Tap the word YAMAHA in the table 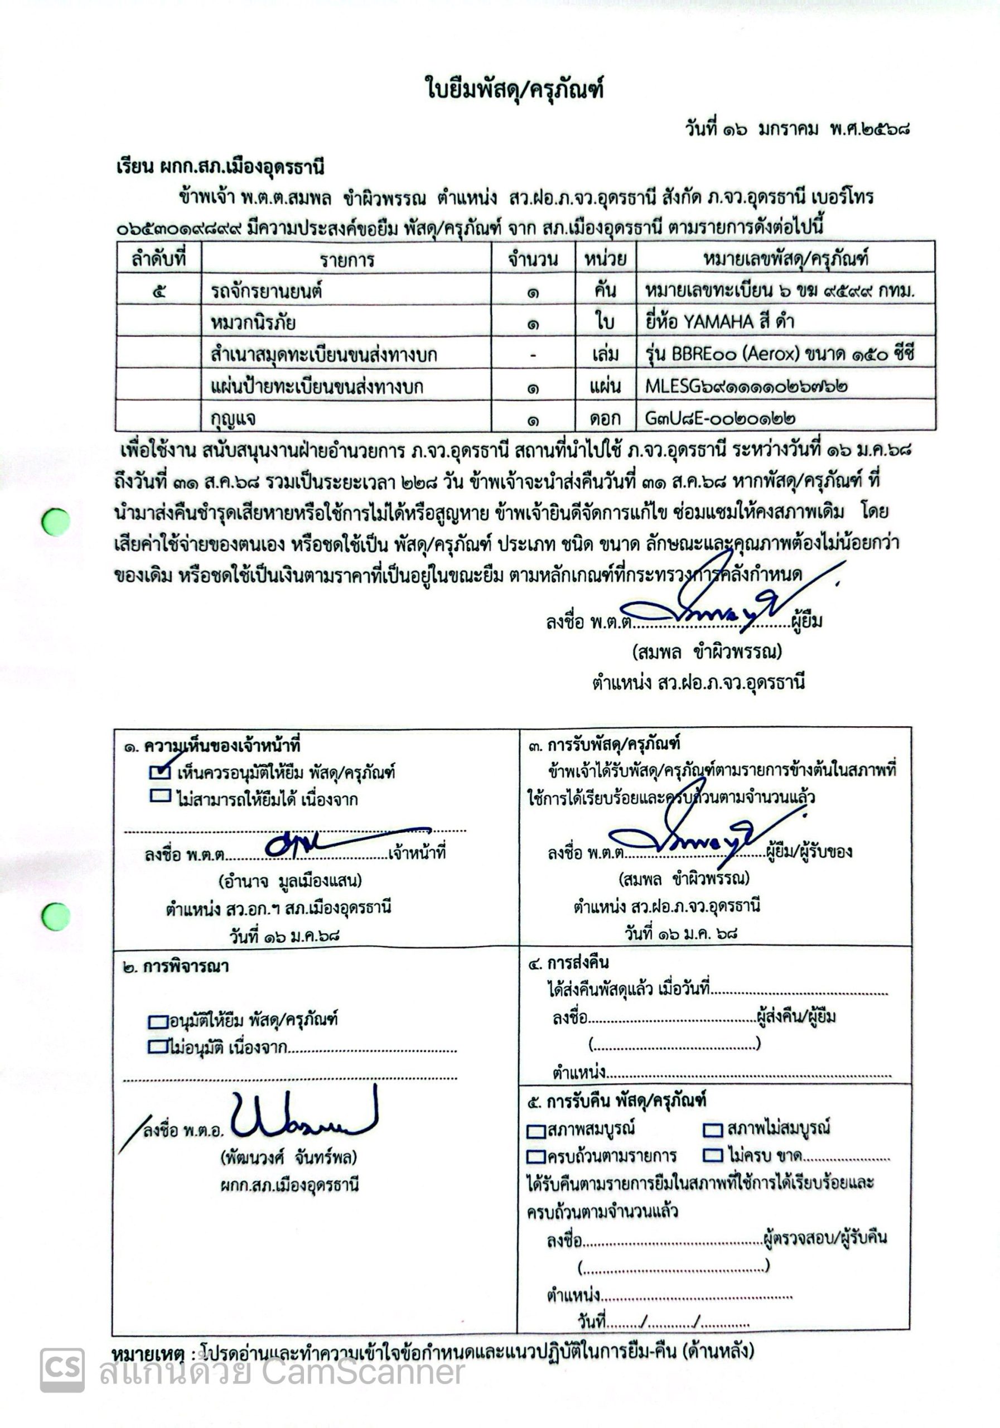(x=718, y=321)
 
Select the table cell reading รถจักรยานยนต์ (x=266, y=291)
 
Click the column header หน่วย (x=605, y=258)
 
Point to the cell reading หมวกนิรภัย (x=253, y=322)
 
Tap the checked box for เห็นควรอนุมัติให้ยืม (x=160, y=772)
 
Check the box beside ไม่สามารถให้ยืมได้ (x=160, y=795)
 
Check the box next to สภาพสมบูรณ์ (x=536, y=1130)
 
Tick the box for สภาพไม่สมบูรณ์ (x=713, y=1130)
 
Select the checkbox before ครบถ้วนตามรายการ (x=536, y=1157)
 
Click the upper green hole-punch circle (x=56, y=521)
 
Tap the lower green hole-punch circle (x=56, y=916)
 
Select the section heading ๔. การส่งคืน (x=568, y=963)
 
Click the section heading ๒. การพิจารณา (x=176, y=967)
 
